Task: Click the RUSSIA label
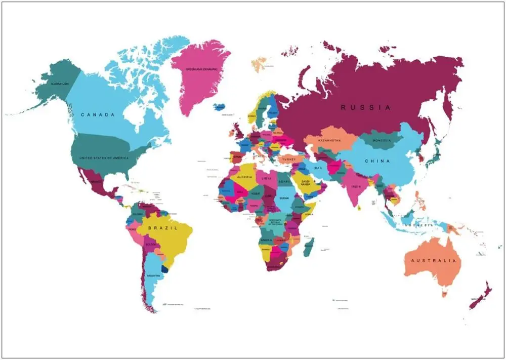(366, 107)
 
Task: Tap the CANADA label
(98, 115)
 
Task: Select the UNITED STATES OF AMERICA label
(104, 158)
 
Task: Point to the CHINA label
(377, 161)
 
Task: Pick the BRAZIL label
(163, 228)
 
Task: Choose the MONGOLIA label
(381, 140)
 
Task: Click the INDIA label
(356, 186)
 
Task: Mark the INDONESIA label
(418, 224)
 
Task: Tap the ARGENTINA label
(153, 275)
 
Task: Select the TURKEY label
(289, 159)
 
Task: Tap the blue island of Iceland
(220, 107)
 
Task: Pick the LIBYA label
(267, 179)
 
